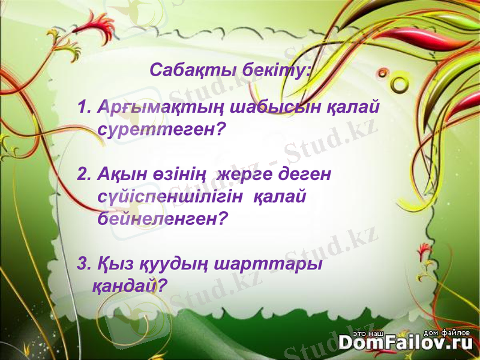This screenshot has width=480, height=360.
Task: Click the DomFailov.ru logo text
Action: [405, 342]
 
